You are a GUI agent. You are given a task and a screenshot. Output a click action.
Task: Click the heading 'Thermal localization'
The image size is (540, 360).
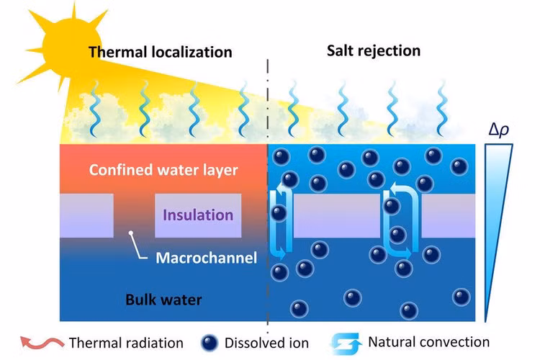click(x=160, y=52)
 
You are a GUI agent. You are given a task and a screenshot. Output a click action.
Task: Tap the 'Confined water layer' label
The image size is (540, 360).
click(x=163, y=171)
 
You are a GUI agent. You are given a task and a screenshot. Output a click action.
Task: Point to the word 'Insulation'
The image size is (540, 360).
click(x=198, y=215)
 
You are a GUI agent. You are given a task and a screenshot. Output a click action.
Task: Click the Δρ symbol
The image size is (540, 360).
click(x=499, y=130)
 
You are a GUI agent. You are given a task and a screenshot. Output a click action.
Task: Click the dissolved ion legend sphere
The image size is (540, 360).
click(x=210, y=342)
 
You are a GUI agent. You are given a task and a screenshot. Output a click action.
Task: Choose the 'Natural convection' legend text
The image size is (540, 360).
click(x=428, y=342)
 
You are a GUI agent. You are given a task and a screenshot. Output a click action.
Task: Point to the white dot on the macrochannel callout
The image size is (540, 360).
click(x=131, y=233)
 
